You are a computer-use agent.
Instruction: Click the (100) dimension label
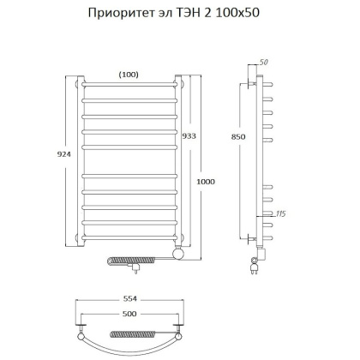coord(129,75)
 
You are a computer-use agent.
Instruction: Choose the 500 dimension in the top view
coord(129,315)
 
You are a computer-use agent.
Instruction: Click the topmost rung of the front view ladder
coord(129,86)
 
